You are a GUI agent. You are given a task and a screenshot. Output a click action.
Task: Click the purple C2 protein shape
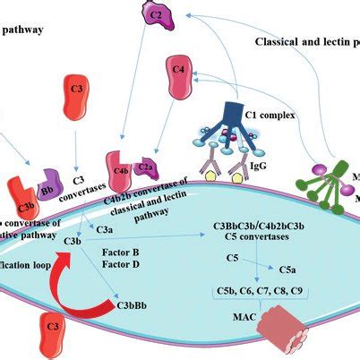(x=156, y=13)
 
